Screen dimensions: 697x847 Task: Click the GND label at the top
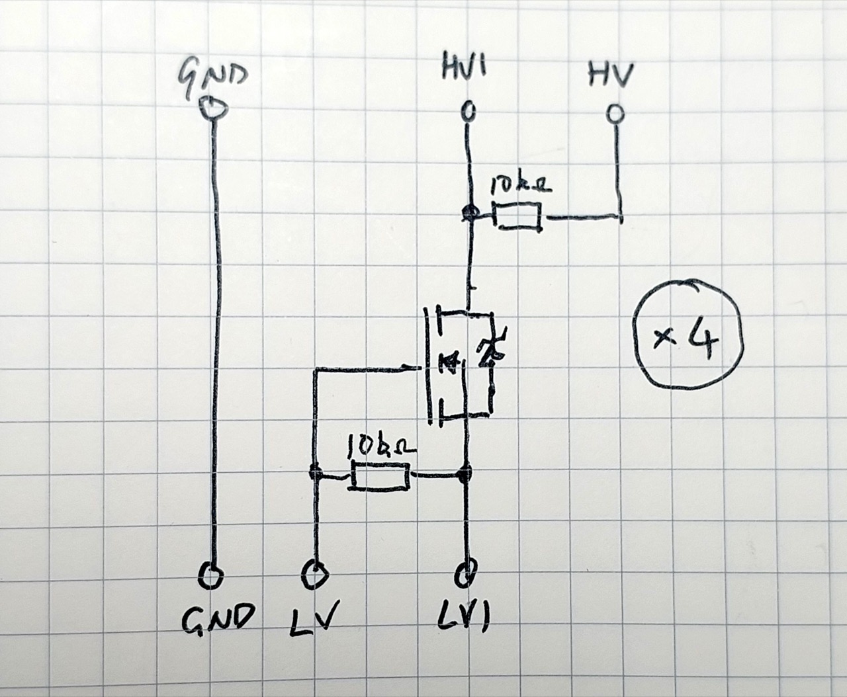tap(212, 78)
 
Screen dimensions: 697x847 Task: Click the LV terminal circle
tap(314, 575)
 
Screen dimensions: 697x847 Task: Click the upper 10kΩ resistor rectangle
tap(518, 216)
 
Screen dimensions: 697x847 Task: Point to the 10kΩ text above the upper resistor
tap(520, 187)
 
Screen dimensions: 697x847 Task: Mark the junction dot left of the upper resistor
tap(469, 212)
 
